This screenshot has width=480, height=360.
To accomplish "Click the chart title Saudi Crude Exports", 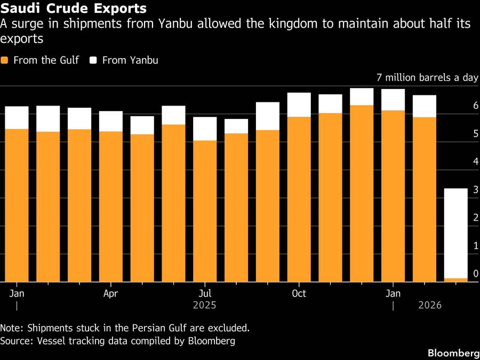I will pos(74,9).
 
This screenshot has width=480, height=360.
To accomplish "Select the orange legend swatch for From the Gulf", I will pos(5,60).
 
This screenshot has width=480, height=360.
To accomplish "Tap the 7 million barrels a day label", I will pos(427,78).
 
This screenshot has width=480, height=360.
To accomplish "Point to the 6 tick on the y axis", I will pos(476,107).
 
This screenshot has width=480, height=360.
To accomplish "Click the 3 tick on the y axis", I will pos(476,190).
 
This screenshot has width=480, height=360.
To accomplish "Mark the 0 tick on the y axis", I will pos(476,274).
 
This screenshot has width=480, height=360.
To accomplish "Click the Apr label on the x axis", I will pos(110,294).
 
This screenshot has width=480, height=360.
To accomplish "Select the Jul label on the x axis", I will pos(205,294).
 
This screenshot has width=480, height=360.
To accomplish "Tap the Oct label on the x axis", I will pos(299,294).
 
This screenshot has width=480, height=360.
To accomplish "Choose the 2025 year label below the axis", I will pos(204,306).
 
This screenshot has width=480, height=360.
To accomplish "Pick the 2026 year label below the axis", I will pos(430,306).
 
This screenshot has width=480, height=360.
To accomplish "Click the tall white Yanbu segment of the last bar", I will pos(456,233).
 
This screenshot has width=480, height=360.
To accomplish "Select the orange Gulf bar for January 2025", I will pos(17,205).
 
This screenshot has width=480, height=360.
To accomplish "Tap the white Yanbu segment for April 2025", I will pos(111,121).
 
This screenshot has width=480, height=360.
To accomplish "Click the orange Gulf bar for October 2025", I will pos(299,199).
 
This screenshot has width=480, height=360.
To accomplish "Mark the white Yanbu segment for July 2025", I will pos(205,129).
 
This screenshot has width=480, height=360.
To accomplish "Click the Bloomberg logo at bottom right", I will pos(453,353).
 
